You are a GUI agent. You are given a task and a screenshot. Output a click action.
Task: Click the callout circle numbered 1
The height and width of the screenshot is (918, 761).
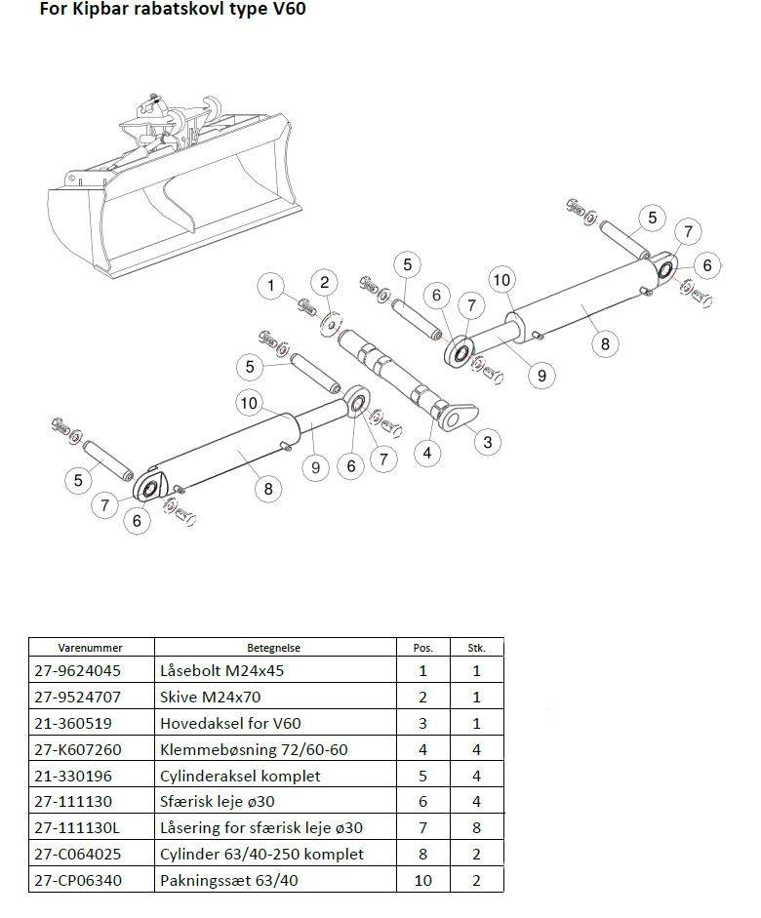pyautogui.click(x=270, y=286)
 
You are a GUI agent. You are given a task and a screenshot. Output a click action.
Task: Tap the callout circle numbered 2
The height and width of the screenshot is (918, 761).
pyautogui.click(x=325, y=283)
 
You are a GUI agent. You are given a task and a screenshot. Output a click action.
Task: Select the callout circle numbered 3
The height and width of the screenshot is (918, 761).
pyautogui.click(x=488, y=441)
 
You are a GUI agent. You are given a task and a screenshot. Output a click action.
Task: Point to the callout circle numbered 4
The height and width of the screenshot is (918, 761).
pyautogui.click(x=427, y=453)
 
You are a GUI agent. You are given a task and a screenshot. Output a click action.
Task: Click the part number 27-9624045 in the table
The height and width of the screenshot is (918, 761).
pyautogui.click(x=77, y=670)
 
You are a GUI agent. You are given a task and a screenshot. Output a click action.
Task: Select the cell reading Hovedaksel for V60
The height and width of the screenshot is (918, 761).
pyautogui.click(x=230, y=723)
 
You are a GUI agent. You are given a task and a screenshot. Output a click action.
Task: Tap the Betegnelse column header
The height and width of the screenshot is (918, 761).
pyautogui.click(x=273, y=648)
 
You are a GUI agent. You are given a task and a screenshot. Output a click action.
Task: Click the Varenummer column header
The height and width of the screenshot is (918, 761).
pyautogui.click(x=90, y=648)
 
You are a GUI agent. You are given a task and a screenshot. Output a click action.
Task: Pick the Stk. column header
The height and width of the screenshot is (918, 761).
pyautogui.click(x=476, y=648)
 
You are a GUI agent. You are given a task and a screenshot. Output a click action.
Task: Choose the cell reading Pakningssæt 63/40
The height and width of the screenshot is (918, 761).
pyautogui.click(x=229, y=880)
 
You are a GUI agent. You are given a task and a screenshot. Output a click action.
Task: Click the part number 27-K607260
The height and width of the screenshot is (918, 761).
pyautogui.click(x=78, y=749)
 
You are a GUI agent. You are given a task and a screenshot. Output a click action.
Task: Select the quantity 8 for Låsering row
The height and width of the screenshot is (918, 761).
pyautogui.click(x=476, y=828)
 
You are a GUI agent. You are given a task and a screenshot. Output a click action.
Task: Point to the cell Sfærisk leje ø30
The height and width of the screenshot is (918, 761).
pyautogui.click(x=218, y=802)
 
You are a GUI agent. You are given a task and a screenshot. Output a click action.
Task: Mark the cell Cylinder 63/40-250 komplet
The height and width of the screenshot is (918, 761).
pyautogui.click(x=261, y=855)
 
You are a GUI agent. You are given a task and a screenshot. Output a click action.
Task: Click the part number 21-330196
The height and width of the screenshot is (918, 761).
pyautogui.click(x=72, y=776)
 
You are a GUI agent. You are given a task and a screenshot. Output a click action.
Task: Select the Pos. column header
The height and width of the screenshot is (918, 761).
pyautogui.click(x=423, y=648)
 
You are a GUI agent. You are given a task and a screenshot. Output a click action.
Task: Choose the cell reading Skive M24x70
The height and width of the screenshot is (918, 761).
pyautogui.click(x=210, y=697)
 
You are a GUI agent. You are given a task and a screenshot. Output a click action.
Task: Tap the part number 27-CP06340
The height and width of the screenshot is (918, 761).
pyautogui.click(x=78, y=880)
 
